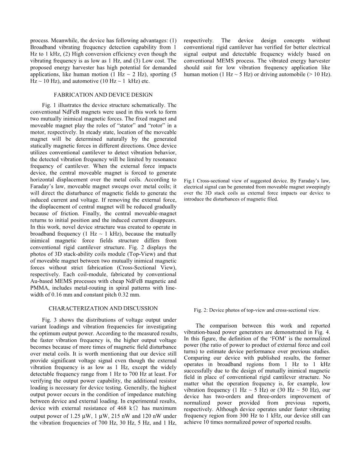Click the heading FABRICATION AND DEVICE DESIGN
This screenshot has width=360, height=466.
pyautogui.click(x=103, y=95)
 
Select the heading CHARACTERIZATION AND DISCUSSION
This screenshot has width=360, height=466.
pyautogui.click(x=103, y=308)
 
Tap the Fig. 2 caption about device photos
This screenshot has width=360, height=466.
pyautogui.click(x=257, y=310)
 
